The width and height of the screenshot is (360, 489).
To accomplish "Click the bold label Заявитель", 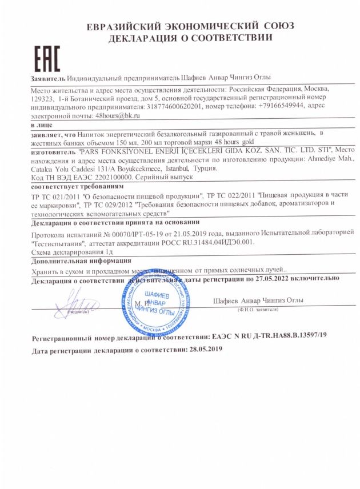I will click(x=48, y=77).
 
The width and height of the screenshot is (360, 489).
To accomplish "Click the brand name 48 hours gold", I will click(x=234, y=141).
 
